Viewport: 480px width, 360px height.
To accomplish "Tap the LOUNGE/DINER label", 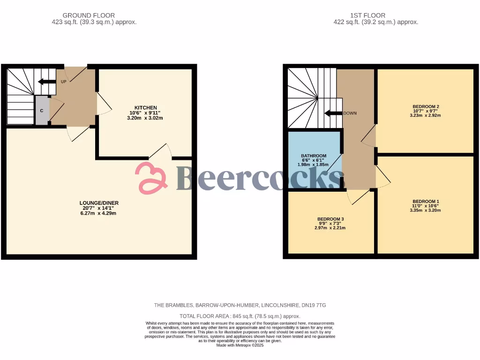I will (x=98, y=202).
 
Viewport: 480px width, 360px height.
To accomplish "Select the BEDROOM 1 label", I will (x=424, y=201).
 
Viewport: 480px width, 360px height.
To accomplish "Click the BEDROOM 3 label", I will (x=330, y=219).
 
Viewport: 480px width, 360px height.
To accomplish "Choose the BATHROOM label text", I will (x=314, y=156).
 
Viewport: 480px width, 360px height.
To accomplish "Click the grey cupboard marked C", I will (x=42, y=111).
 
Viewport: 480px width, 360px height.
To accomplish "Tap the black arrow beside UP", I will (x=46, y=82).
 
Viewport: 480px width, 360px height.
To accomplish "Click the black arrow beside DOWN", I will (x=333, y=113).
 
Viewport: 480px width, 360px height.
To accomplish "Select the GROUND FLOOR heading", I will (x=89, y=15).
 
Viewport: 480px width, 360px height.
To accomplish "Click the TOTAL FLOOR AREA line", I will (x=240, y=316).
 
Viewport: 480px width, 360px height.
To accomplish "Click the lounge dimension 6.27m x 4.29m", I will (x=98, y=213).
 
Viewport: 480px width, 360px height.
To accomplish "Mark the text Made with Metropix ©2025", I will (x=240, y=345).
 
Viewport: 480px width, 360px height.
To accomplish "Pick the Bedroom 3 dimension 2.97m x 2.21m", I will (x=330, y=228).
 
